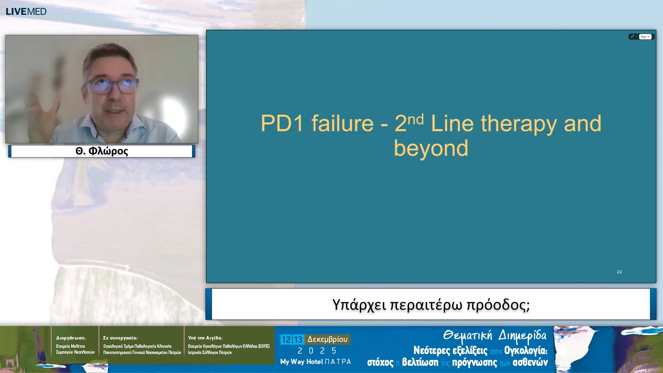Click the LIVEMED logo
pos(26,11)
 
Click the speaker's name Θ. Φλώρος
pos(102,151)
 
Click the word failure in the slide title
pos(342,123)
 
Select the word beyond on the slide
pos(431,148)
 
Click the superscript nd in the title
pos(415,119)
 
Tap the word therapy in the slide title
pos(519,124)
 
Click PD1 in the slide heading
pos(282,123)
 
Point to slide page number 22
pos(619,272)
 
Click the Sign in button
pos(645,37)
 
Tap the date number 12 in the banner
pos(286,340)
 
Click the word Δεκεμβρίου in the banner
pos(327,339)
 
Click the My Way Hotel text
pos(301,362)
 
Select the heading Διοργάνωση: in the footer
pos(71,338)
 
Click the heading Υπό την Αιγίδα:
pos(205,338)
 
